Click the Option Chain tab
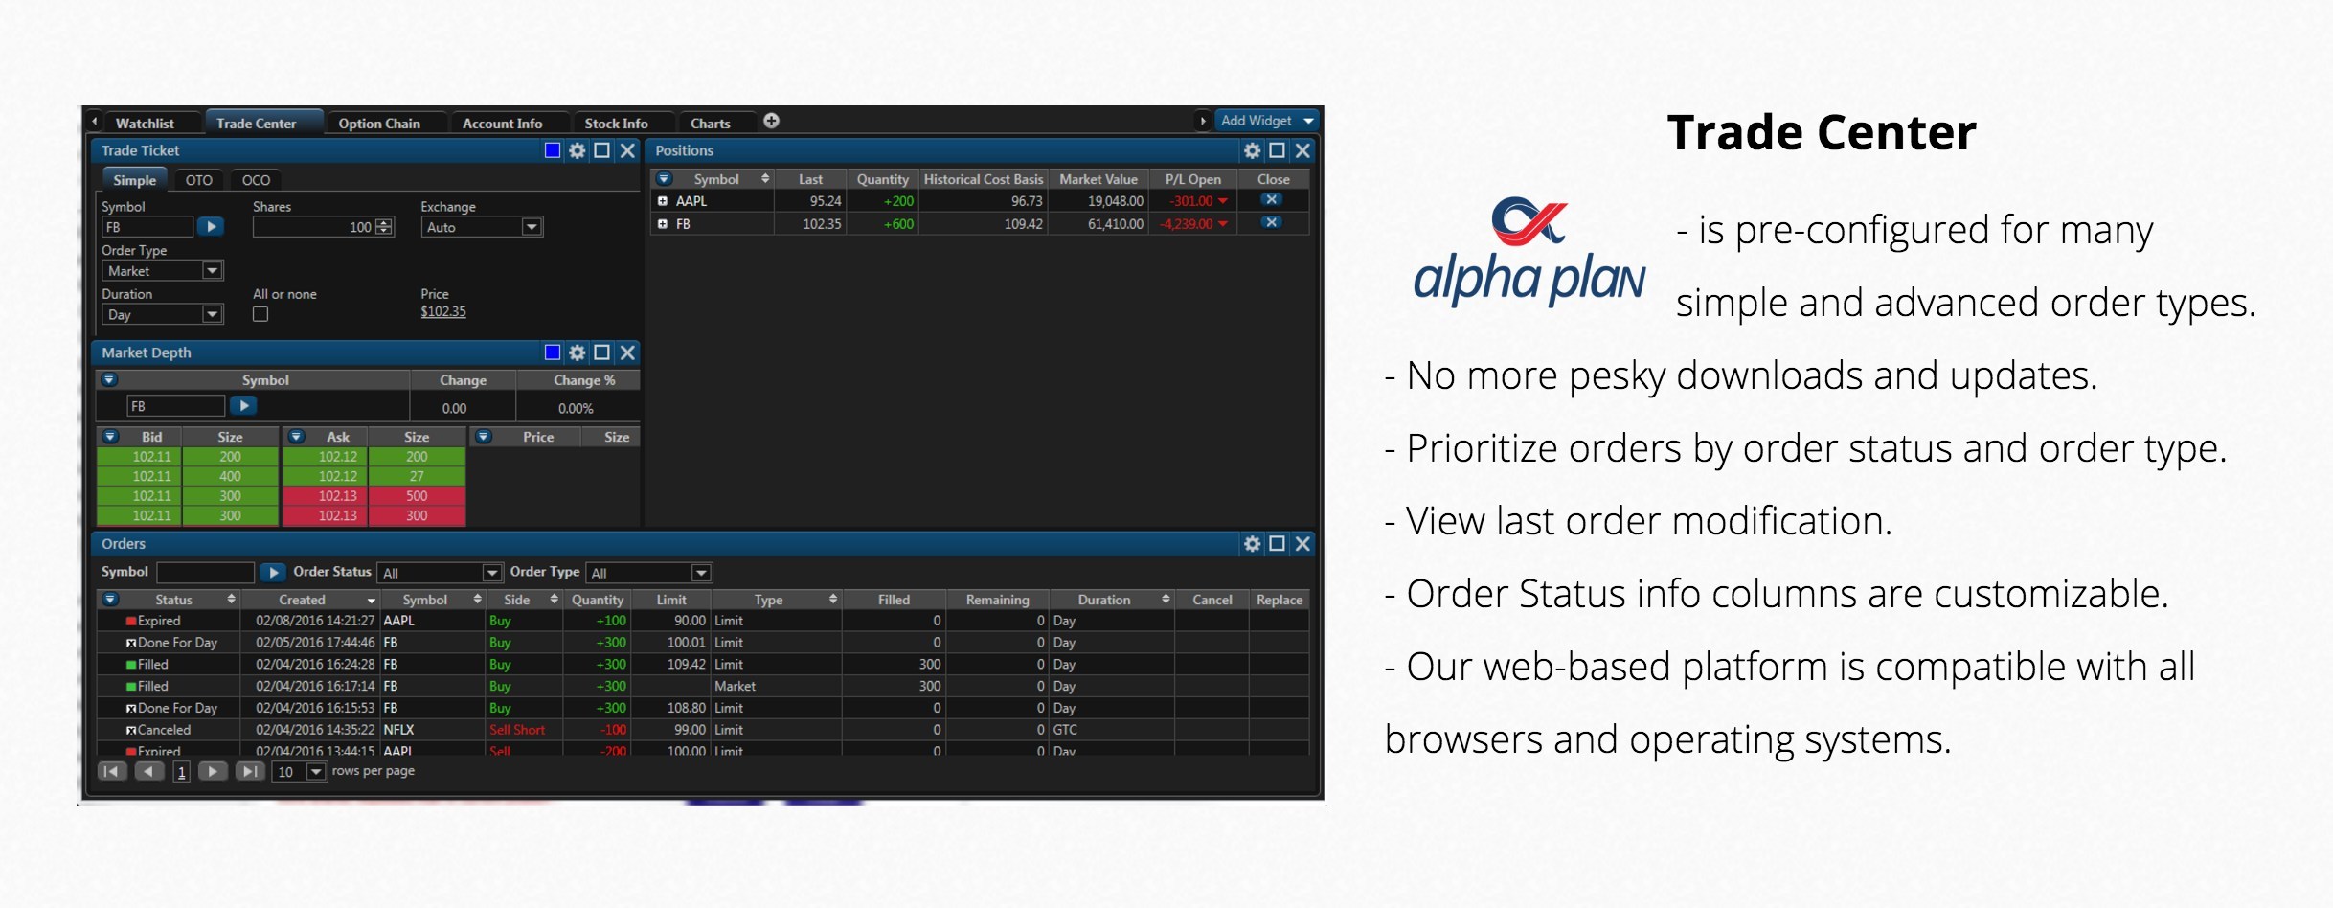379,124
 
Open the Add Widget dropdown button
1266,121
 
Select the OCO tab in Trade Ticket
256,180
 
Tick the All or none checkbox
260,314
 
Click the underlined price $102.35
443,311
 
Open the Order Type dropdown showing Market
163,271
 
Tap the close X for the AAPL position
1271,200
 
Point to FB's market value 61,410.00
1115,224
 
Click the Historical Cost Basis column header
983,179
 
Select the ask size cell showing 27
417,476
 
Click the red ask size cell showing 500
417,496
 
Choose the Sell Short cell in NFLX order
517,730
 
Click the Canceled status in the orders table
164,730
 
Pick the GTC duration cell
1065,730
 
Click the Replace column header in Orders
1280,600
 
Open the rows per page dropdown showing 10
301,772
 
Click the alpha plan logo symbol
1529,221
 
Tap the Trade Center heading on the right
1822,132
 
